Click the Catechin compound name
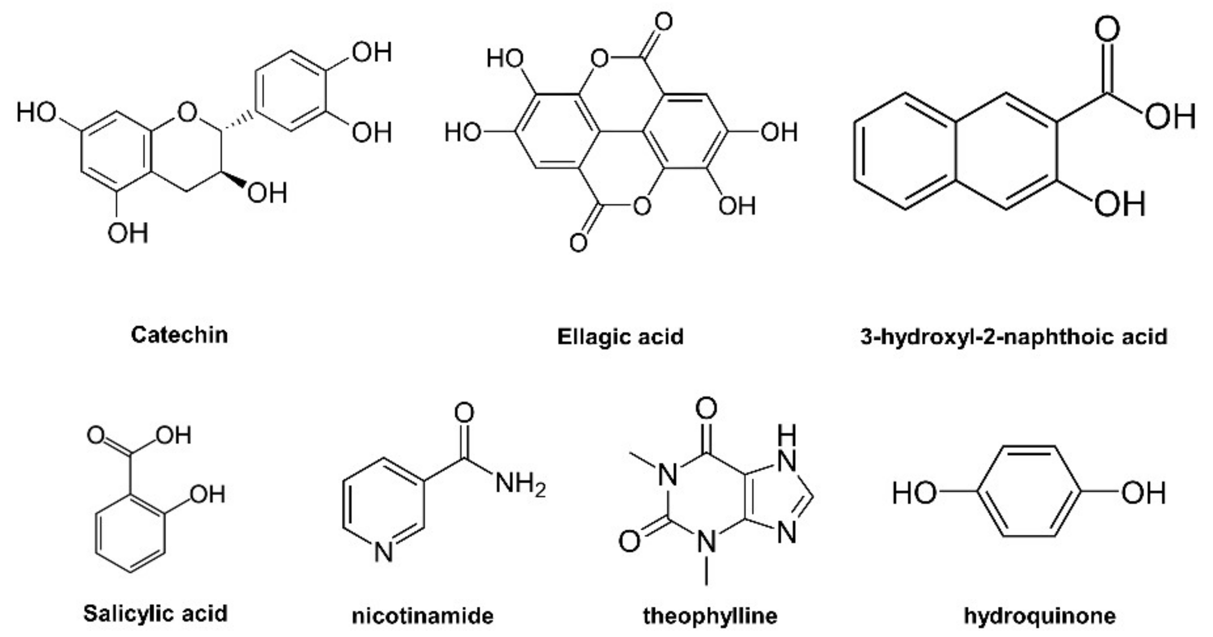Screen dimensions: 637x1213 [179, 335]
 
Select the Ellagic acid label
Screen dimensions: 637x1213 [620, 336]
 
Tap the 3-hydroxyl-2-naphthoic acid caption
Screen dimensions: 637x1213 [1014, 336]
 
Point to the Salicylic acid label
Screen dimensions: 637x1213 [155, 613]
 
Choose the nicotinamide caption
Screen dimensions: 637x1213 [422, 615]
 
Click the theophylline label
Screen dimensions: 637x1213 [710, 615]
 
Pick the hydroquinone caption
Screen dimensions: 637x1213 [1040, 615]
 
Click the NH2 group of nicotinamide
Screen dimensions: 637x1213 [520, 483]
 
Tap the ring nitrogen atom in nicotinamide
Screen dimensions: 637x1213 [383, 552]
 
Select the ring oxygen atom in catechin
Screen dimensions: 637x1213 [187, 112]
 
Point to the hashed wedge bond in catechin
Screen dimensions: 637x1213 [238, 121]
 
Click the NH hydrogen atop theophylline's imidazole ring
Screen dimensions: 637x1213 [786, 435]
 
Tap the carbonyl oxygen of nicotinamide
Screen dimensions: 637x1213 [464, 412]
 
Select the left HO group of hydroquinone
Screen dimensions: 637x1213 [914, 493]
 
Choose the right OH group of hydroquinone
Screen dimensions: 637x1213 [1143, 493]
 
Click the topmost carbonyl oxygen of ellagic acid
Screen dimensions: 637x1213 [663, 22]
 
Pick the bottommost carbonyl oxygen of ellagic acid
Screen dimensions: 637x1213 [578, 243]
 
